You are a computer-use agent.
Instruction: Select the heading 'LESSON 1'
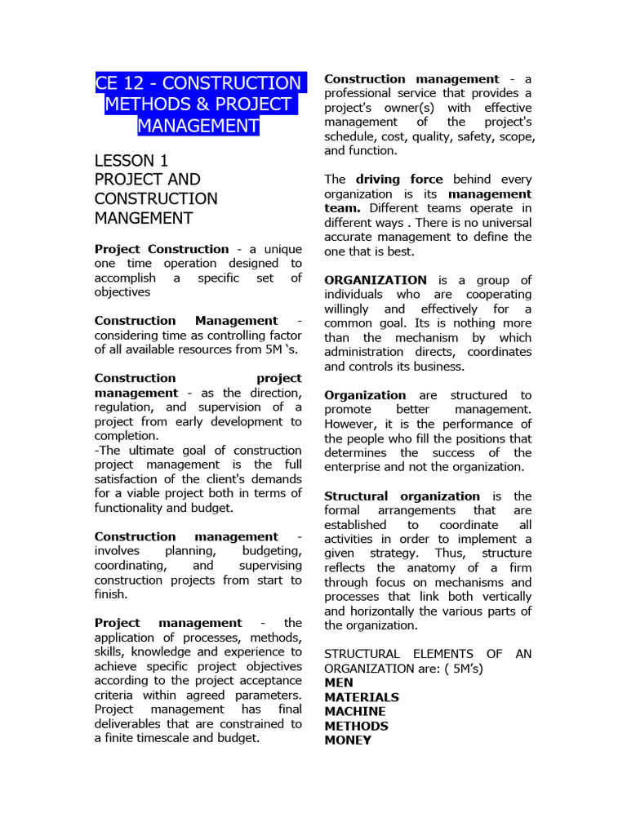(x=131, y=160)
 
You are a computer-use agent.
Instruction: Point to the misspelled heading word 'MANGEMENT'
(x=144, y=219)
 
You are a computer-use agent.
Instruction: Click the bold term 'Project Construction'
(x=162, y=249)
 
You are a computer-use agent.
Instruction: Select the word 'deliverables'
(x=132, y=723)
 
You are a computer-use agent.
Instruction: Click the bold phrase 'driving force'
(x=399, y=180)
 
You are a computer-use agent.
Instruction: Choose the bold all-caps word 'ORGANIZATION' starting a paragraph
(x=376, y=280)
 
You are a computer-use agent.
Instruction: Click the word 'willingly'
(x=347, y=309)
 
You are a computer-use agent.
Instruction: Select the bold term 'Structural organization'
(x=402, y=496)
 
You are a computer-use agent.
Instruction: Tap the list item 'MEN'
(x=339, y=683)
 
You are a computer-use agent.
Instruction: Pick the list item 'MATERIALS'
(x=362, y=697)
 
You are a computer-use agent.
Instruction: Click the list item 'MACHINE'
(x=355, y=712)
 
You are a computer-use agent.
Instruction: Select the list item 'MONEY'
(x=348, y=740)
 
